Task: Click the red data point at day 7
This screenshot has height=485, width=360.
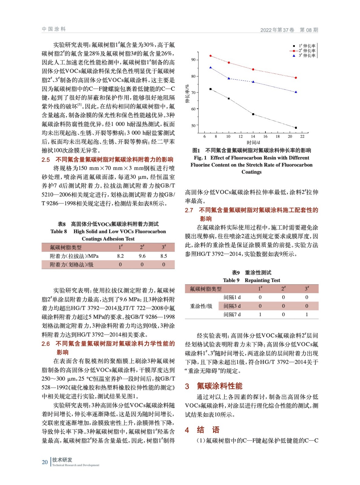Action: pos(210,56)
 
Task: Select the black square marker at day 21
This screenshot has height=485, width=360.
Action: pos(296,128)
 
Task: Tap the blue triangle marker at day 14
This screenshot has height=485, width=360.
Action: pos(253,82)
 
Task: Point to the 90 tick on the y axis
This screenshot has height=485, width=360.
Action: pos(193,60)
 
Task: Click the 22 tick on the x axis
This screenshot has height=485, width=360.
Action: pos(302,137)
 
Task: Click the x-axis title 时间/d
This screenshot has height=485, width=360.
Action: pos(253,142)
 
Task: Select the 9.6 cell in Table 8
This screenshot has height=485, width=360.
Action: pos(142,256)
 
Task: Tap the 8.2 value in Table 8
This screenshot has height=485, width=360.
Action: pos(120,256)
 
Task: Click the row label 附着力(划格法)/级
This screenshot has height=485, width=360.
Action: pos(72,265)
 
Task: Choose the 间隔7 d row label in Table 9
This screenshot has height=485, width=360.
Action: pos(232,315)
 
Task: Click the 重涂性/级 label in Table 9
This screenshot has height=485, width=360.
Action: pos(201,306)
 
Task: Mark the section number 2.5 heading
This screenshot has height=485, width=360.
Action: pos(46,160)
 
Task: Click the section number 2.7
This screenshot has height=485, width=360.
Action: pos(189,210)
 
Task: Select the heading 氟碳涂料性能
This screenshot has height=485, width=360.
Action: pos(220,386)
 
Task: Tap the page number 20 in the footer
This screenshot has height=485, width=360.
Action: pos(45,462)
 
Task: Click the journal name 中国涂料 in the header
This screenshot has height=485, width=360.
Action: pos(54,29)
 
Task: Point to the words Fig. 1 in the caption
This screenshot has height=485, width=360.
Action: pos(200,158)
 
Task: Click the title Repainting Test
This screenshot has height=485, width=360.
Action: pos(262,280)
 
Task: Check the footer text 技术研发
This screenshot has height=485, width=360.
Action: pos(62,460)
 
